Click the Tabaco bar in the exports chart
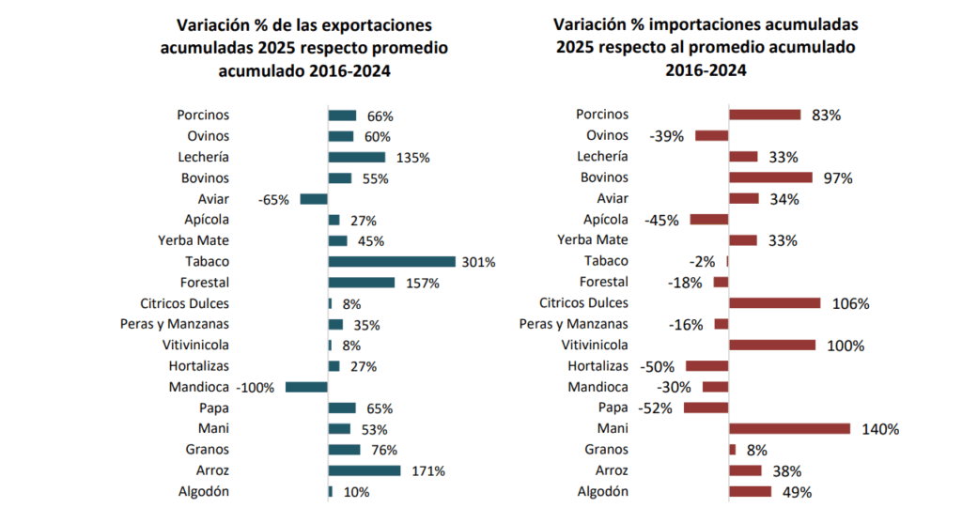tap(391, 262)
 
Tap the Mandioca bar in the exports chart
tap(306, 387)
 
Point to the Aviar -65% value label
tap(274, 200)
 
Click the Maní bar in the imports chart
tap(789, 429)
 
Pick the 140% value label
tap(881, 429)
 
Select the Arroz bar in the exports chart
tap(364, 470)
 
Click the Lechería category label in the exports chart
tap(204, 157)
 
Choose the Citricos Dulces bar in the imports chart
tap(775, 303)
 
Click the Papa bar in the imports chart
tap(706, 408)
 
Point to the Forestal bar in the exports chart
tap(361, 283)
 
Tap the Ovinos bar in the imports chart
tap(711, 136)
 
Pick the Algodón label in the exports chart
tap(204, 491)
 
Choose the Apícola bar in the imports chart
tap(709, 220)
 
